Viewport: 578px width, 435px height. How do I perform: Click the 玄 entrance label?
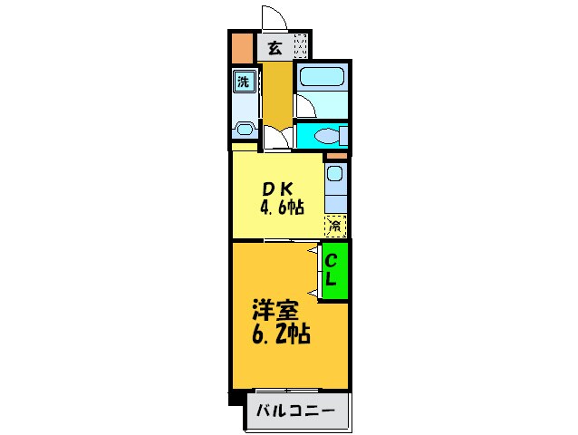274,48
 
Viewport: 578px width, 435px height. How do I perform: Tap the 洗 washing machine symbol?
243,82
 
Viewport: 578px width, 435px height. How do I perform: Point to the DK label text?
276,189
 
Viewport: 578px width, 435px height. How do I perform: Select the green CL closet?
333,269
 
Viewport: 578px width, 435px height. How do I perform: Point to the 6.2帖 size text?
281,334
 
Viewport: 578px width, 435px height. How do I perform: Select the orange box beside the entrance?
242,46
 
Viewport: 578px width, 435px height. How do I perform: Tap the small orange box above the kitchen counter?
335,157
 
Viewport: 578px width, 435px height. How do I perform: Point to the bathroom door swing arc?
303,107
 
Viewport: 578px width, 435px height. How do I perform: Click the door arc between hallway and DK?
277,139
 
